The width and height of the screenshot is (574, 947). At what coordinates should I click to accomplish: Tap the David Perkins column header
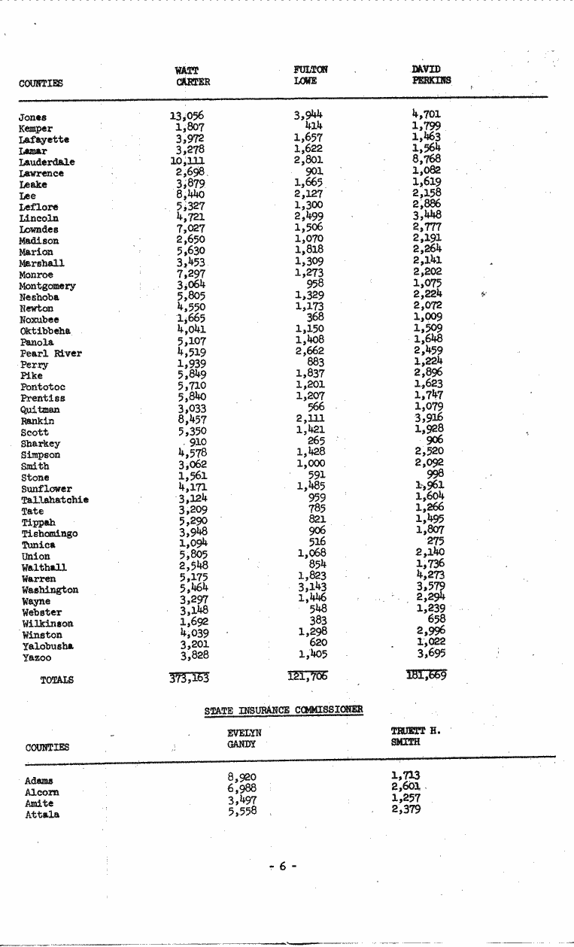tap(426, 75)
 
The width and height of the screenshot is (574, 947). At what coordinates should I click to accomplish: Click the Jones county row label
tap(32, 117)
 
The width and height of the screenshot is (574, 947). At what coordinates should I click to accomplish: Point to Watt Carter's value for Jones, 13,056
tap(187, 116)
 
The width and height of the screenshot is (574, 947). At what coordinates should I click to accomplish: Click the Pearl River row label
tap(51, 354)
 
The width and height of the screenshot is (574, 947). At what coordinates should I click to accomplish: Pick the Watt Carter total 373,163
tap(189, 678)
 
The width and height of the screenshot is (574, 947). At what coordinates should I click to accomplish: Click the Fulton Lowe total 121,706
tap(307, 677)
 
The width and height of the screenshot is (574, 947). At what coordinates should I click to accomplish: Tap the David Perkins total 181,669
tap(427, 675)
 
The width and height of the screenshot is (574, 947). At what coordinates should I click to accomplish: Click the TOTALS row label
tap(56, 680)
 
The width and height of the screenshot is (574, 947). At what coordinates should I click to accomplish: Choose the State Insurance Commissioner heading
tap(284, 710)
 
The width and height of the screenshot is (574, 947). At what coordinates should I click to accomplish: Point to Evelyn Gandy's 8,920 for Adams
tap(241, 777)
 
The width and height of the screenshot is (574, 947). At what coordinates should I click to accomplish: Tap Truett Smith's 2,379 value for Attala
tap(405, 809)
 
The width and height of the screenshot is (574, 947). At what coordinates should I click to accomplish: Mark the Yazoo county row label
tap(35, 658)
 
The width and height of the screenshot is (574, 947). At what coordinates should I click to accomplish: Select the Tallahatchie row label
tap(54, 500)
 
